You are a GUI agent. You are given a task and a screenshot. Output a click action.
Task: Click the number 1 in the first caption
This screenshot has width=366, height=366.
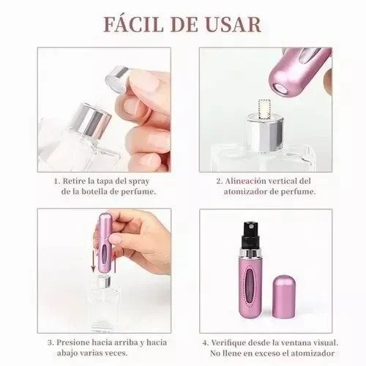[x=56, y=179]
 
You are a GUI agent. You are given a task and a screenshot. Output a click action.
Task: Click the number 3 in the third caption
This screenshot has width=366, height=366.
[x=50, y=341]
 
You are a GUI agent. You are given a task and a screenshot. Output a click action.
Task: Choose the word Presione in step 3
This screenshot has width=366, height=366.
[x=76, y=341]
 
